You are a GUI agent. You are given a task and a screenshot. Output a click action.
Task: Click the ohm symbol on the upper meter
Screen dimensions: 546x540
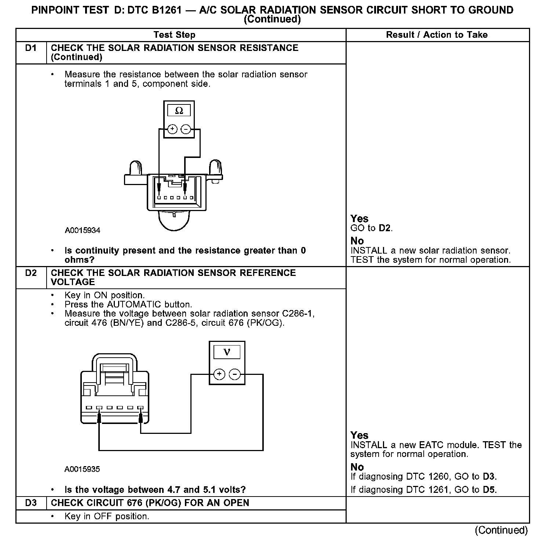pos(179,111)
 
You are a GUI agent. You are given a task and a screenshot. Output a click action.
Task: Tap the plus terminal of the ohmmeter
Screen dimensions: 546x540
pos(172,129)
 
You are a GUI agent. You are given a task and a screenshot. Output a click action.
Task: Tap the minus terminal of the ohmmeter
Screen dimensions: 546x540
pos(186,129)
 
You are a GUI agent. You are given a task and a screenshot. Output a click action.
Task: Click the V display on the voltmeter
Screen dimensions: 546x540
pos(227,352)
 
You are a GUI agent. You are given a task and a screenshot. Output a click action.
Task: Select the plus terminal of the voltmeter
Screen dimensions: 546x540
pos(219,374)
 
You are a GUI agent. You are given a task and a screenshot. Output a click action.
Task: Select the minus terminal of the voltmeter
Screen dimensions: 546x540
pos(234,374)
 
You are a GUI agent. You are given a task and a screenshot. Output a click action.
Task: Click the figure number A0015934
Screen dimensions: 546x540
pos(83,230)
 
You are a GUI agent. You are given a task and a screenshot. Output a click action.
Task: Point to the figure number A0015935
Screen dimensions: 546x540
pos(82,469)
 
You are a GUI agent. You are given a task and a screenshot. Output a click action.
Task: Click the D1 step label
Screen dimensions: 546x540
pos(31,48)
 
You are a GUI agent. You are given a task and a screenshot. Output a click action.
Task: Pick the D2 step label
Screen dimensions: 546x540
pos(31,273)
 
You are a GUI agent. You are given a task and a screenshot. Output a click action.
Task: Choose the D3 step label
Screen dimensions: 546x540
pos(31,503)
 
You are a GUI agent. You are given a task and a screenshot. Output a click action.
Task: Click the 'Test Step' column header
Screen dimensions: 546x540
pos(174,35)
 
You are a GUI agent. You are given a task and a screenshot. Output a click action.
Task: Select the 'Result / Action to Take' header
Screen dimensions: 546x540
pos(437,35)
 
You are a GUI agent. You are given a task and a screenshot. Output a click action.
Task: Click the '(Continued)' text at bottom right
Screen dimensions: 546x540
pos(501,530)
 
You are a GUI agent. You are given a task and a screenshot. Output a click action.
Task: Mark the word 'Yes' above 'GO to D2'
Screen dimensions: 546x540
pos(359,219)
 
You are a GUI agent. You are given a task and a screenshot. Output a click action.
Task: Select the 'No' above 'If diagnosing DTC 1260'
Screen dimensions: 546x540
pos(357,467)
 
